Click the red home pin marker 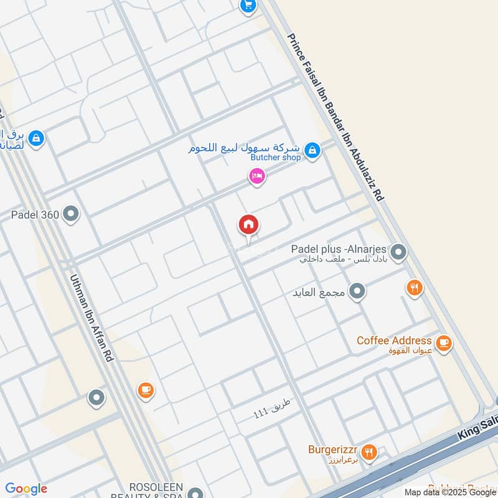point(249,225)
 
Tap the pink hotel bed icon point(256,177)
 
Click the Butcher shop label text point(275,157)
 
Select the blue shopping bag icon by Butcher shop point(313,150)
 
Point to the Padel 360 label point(35,215)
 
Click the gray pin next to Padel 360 point(72,215)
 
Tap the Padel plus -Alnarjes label point(340,250)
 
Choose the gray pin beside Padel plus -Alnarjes point(399,253)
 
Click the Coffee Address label point(393,341)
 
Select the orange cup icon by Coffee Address point(443,343)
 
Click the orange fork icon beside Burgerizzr point(369,453)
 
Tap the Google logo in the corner point(26,489)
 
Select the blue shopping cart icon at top point(248,6)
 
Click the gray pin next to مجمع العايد point(357,291)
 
